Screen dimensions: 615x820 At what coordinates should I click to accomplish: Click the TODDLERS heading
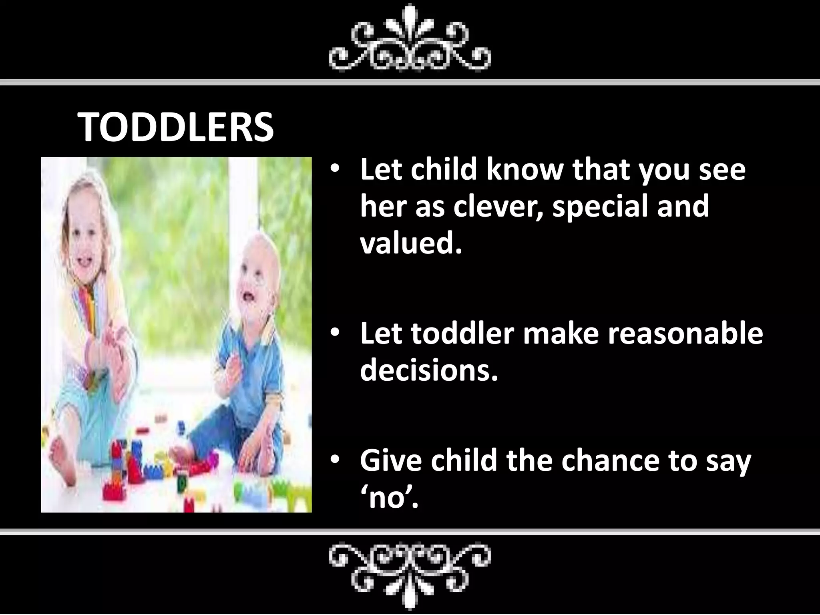click(175, 127)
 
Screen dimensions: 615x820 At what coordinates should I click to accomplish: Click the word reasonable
click(685, 333)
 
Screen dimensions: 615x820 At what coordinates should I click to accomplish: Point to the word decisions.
click(429, 370)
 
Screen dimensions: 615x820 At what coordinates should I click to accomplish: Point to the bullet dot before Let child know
click(335, 168)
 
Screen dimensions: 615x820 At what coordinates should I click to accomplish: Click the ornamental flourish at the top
click(410, 40)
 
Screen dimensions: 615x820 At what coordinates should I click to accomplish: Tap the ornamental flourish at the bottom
click(410, 573)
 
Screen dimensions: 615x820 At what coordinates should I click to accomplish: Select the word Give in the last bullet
click(390, 460)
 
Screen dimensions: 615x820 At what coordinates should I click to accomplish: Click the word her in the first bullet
click(383, 207)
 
